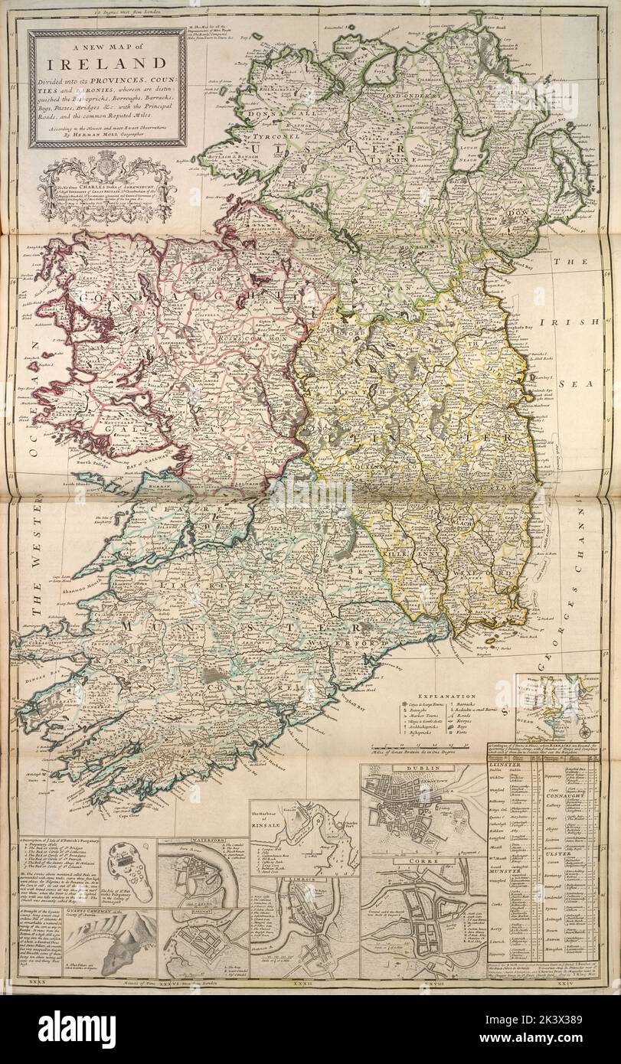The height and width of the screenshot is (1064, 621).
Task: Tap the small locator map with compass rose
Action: (554, 705)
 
